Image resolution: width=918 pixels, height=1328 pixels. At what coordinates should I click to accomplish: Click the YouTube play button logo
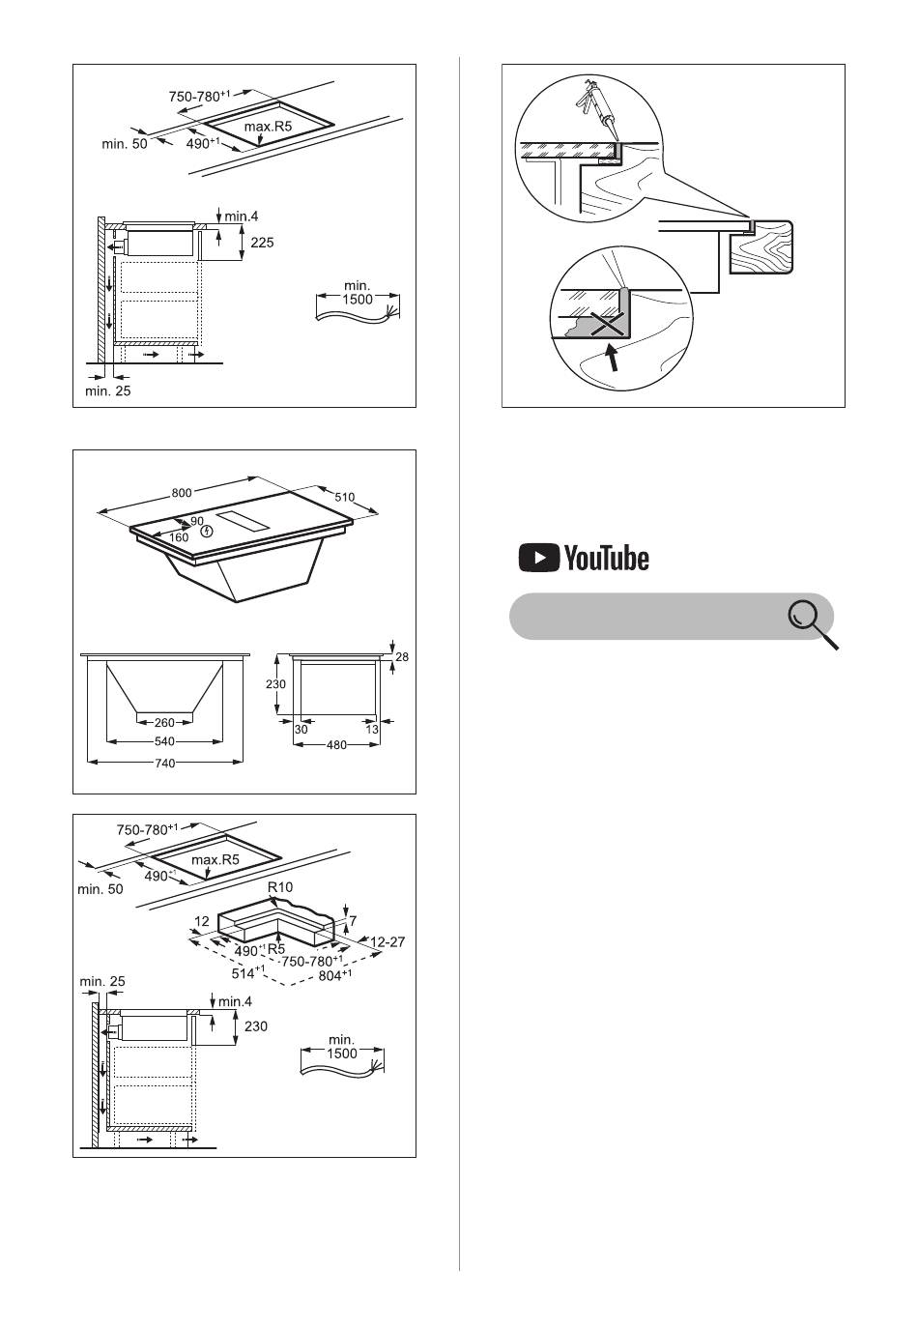pyautogui.click(x=538, y=558)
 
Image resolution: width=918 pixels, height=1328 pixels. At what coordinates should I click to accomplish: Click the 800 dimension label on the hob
pyautogui.click(x=182, y=493)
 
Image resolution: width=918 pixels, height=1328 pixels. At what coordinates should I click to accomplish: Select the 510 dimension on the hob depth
pyautogui.click(x=344, y=497)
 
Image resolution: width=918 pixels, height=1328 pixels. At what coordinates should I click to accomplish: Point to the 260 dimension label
pyautogui.click(x=164, y=723)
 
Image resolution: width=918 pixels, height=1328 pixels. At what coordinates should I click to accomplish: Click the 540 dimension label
pyautogui.click(x=164, y=741)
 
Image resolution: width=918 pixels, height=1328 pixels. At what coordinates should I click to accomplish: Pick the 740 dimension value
pyautogui.click(x=164, y=763)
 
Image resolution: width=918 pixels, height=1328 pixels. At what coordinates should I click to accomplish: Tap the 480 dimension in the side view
pyautogui.click(x=336, y=744)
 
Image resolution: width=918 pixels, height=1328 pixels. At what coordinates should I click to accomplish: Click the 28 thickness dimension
pyautogui.click(x=402, y=657)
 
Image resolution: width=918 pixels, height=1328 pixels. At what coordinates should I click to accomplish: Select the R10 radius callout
pyautogui.click(x=279, y=887)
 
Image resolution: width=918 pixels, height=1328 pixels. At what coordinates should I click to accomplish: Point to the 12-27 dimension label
pyautogui.click(x=387, y=941)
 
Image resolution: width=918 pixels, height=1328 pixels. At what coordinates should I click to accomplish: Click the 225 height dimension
pyautogui.click(x=262, y=243)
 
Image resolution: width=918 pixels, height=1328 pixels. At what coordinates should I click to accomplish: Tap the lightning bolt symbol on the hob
pyautogui.click(x=206, y=532)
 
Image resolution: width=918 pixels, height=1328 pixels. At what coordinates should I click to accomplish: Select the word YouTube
pyautogui.click(x=606, y=558)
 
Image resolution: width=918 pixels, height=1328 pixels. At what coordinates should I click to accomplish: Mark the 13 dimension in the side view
pyautogui.click(x=372, y=729)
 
